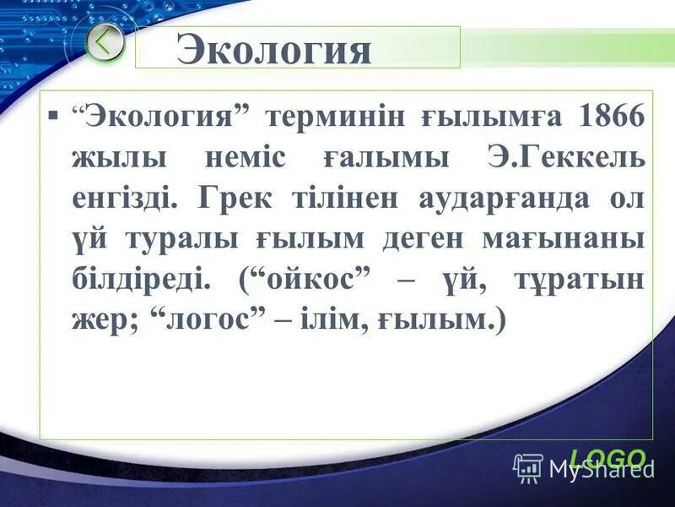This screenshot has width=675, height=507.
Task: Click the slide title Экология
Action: [x=274, y=50]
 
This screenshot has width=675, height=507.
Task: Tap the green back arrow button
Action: [x=105, y=44]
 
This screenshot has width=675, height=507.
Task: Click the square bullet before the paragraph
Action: [x=55, y=112]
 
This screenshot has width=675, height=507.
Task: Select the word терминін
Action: [x=335, y=116]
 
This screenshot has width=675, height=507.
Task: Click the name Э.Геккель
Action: [x=565, y=157]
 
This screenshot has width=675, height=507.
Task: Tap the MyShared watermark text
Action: [x=601, y=467]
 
